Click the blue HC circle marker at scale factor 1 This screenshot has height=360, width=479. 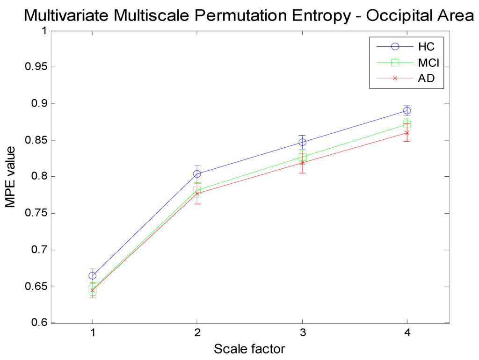click(93, 275)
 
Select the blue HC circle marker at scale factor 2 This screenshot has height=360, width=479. click(197, 174)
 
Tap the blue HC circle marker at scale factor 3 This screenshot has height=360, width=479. click(302, 142)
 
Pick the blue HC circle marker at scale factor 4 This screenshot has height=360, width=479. click(407, 111)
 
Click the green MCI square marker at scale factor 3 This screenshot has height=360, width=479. click(302, 157)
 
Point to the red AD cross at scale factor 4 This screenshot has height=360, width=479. click(407, 133)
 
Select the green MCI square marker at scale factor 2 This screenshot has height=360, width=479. click(197, 190)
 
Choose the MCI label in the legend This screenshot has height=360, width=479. click(428, 62)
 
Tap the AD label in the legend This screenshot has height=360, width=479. click(426, 78)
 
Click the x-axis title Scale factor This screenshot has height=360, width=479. click(249, 349)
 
